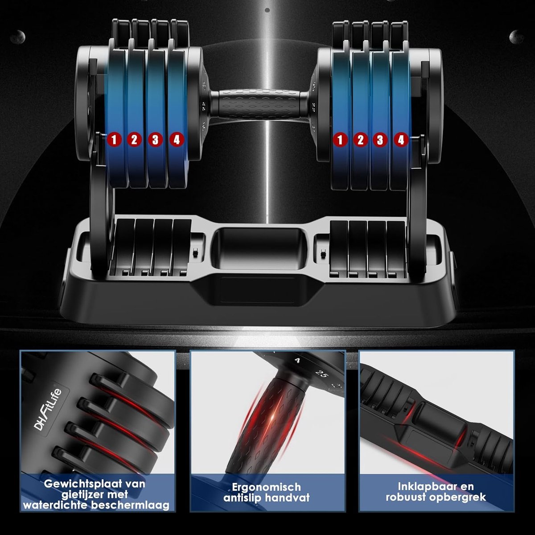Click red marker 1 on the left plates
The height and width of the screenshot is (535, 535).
coord(114,140)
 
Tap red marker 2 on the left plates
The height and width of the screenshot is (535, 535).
coord(134,140)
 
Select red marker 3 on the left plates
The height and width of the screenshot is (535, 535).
coord(155,140)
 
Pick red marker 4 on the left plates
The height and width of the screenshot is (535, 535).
coord(176,140)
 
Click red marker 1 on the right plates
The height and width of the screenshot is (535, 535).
coord(340,140)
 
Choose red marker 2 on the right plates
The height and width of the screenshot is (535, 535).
coord(360,140)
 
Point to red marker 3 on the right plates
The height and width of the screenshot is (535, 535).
coord(380,140)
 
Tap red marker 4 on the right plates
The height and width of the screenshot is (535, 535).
coord(401,140)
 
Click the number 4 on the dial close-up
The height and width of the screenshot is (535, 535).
coord(298,361)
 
